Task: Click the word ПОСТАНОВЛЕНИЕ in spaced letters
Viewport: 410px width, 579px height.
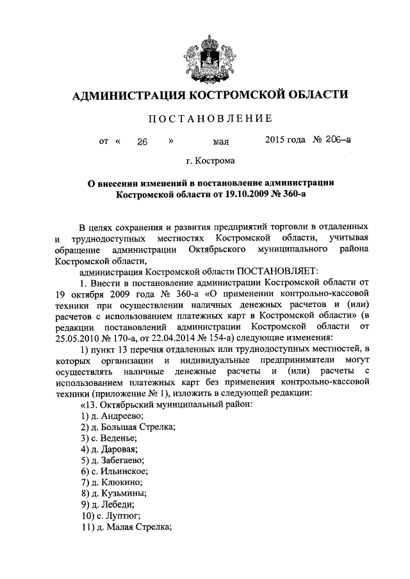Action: (x=204, y=118)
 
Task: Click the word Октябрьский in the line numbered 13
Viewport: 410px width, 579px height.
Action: (x=131, y=404)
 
